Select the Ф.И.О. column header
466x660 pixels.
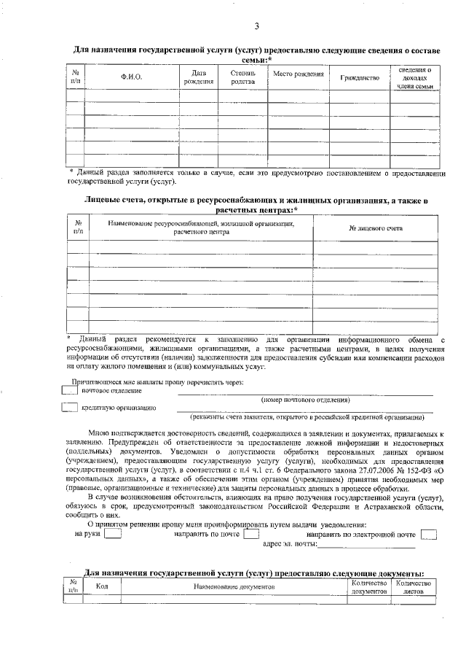(x=131, y=77)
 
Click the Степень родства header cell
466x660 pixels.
(x=242, y=77)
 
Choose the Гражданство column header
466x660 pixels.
(x=355, y=77)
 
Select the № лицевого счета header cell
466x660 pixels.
(x=375, y=228)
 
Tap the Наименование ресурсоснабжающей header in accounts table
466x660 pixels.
(x=202, y=228)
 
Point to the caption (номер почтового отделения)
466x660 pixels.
(x=305, y=400)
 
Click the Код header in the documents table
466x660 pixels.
(x=102, y=586)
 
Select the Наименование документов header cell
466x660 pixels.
(x=234, y=586)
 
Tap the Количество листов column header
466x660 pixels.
(x=412, y=586)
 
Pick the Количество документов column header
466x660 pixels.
(x=368, y=586)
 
